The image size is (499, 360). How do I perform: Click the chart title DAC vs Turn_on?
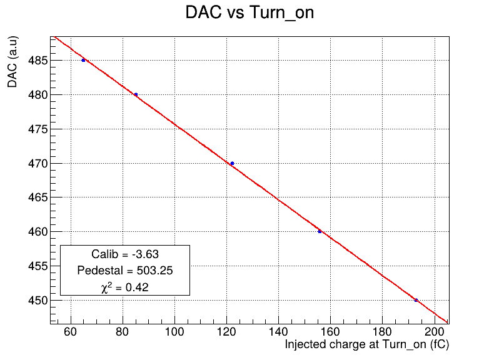tap(249, 13)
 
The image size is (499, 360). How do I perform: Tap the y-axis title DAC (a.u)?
tap(13, 62)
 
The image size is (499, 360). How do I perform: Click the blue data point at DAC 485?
tap(83, 60)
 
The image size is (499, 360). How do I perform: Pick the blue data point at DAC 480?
tap(136, 94)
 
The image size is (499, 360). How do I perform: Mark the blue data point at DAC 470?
tap(232, 164)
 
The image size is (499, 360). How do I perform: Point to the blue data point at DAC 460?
tap(320, 231)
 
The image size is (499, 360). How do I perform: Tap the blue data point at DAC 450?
tap(416, 300)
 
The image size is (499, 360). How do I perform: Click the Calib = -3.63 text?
tap(125, 254)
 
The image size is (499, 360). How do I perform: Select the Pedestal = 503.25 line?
tap(125, 271)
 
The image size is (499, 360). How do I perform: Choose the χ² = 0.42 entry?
tap(125, 287)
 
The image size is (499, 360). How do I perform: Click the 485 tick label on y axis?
tap(38, 61)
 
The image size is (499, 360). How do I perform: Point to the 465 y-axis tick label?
tap(38, 197)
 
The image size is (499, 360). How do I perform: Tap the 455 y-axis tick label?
tap(38, 266)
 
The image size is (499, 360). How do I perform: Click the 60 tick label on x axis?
tap(70, 332)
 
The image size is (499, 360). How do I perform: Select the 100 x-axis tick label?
tap(174, 332)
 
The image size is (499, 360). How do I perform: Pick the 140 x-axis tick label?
tap(278, 332)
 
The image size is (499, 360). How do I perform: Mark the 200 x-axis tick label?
tap(434, 332)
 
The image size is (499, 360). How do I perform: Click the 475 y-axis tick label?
tap(38, 129)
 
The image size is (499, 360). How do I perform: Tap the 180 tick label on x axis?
tap(382, 332)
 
